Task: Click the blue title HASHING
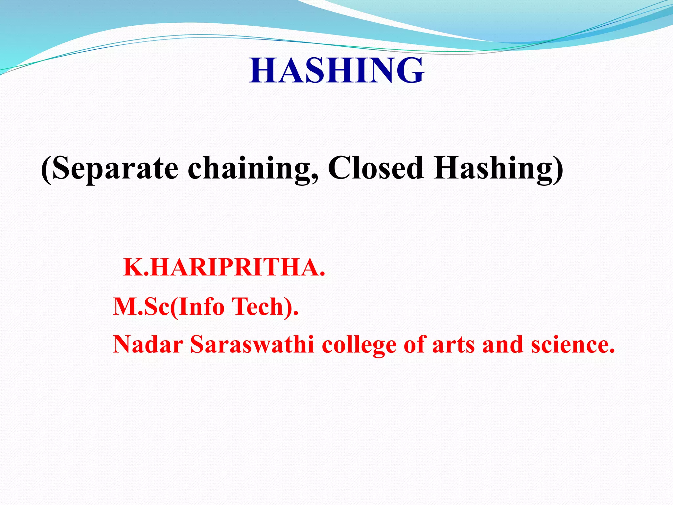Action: coord(336,70)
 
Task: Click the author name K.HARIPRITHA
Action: coord(224,268)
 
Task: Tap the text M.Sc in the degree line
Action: coord(141,306)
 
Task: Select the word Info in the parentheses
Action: coord(201,306)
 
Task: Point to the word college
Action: coord(359,345)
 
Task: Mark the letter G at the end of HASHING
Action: coord(407,70)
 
